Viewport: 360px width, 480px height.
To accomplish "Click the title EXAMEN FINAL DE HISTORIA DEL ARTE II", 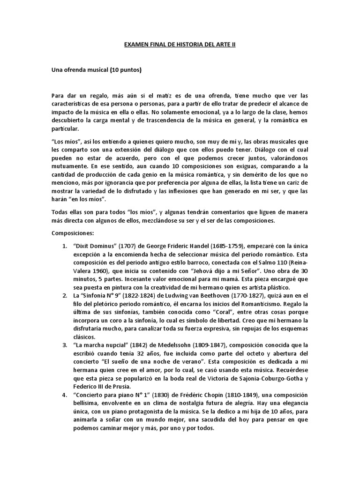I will click(x=180, y=44).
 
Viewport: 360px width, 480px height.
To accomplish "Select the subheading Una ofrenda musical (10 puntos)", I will click(x=96, y=70).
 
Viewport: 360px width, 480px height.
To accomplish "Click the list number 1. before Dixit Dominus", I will click(x=65, y=246).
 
